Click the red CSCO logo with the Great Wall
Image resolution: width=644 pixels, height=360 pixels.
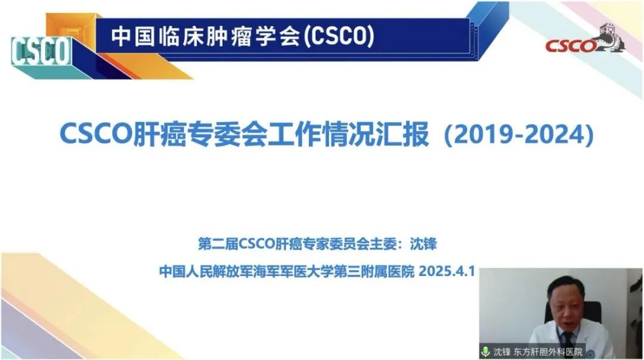(x=586, y=40)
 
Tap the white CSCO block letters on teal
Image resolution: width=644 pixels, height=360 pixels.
(x=41, y=51)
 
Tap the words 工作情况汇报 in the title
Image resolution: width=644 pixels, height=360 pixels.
(x=348, y=134)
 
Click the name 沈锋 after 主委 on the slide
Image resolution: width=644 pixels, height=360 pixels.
(x=423, y=244)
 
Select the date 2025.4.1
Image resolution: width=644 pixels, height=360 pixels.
(x=447, y=271)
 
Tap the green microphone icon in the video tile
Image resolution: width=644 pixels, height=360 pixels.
(x=485, y=352)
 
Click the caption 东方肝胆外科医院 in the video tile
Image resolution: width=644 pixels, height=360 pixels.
(x=548, y=352)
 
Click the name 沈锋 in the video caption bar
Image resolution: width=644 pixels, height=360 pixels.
(x=501, y=352)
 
